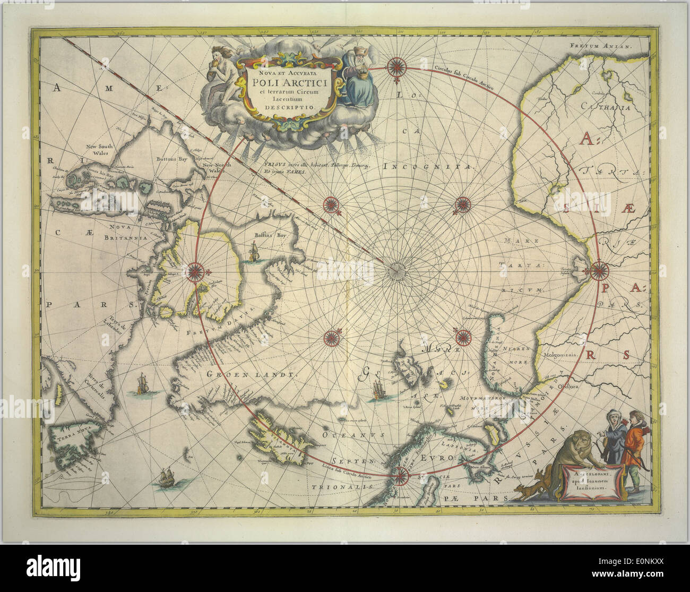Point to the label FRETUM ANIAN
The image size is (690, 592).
point(602,46)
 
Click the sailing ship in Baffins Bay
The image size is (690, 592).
point(253,251)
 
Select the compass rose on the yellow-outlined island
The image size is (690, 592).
point(195,271)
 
